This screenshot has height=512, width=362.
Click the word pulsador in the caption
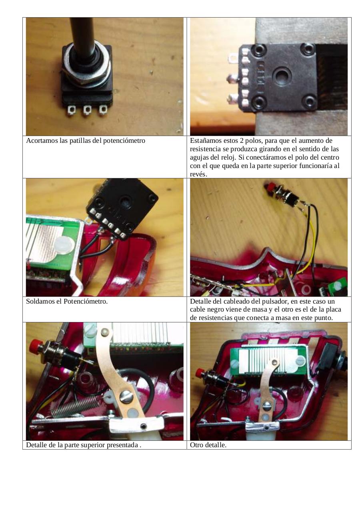277,301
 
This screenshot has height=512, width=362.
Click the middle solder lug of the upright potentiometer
87,110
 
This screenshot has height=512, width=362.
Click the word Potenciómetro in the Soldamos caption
86,301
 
